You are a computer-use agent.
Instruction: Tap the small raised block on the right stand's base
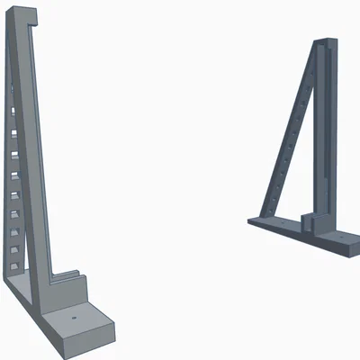[x=310, y=221]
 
